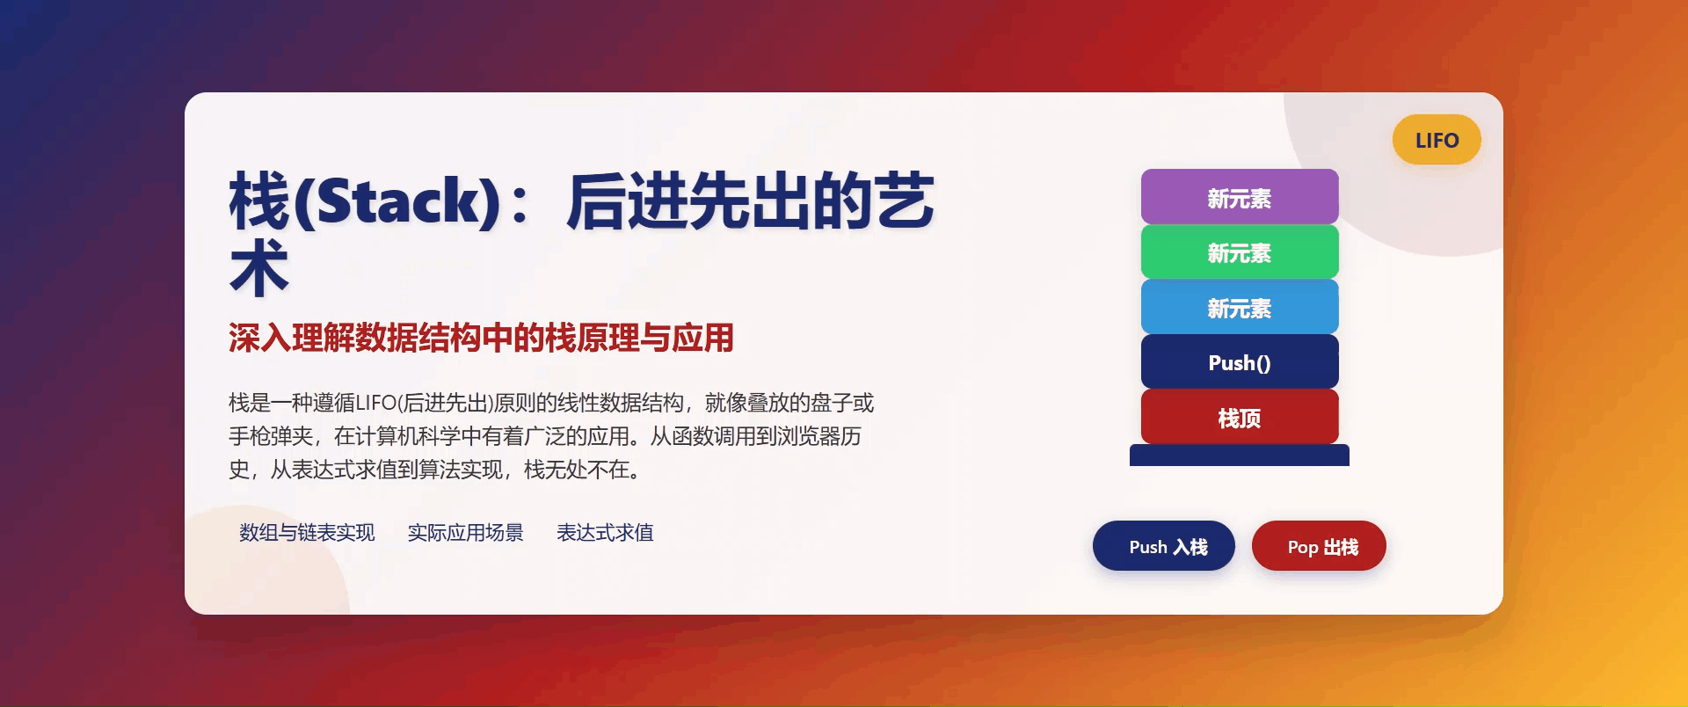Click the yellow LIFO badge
(1437, 140)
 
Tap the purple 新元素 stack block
(1240, 198)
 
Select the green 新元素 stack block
(1240, 252)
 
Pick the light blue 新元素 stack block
(1240, 308)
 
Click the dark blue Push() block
(1240, 362)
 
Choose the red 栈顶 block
(1240, 418)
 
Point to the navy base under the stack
(1240, 456)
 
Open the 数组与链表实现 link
(307, 533)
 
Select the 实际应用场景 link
(465, 533)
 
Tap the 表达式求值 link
(605, 533)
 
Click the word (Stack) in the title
(398, 201)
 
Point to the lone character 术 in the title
(259, 268)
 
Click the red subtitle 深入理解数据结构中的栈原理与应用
(481, 338)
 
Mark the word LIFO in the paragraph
(376, 404)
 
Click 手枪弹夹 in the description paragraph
(271, 437)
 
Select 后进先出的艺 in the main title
(750, 201)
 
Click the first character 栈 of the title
(259, 201)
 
